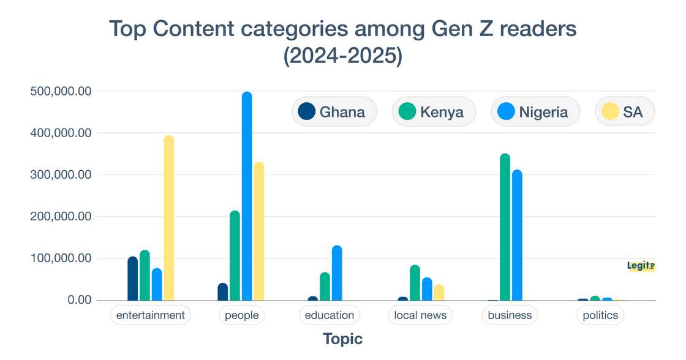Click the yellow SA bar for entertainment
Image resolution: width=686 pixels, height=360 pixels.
pos(169,218)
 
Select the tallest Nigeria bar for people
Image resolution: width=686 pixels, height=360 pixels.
pos(247,196)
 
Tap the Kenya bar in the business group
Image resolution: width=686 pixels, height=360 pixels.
pos(505,227)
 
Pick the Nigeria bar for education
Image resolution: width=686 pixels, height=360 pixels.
pos(337,273)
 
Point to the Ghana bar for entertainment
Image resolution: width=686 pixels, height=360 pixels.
pos(133,279)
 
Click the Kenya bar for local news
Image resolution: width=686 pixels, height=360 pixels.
pos(415,283)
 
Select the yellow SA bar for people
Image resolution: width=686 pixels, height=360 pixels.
pos(259,231)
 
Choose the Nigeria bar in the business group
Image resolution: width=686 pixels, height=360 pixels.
pos(518,235)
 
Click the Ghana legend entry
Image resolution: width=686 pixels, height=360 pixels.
pos(334,112)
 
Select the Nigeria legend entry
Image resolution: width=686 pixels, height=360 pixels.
pos(535,112)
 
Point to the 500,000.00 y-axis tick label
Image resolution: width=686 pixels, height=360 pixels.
pos(61,91)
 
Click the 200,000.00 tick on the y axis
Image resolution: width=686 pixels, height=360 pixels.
pos(61,217)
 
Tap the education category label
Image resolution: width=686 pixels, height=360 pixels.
pos(330,315)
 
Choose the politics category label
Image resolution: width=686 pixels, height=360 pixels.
pos(600,315)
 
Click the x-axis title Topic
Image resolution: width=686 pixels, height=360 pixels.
pos(342,339)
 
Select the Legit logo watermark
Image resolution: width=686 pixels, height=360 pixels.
pos(641,266)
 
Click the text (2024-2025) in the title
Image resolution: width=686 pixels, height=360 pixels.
pos(342,56)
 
